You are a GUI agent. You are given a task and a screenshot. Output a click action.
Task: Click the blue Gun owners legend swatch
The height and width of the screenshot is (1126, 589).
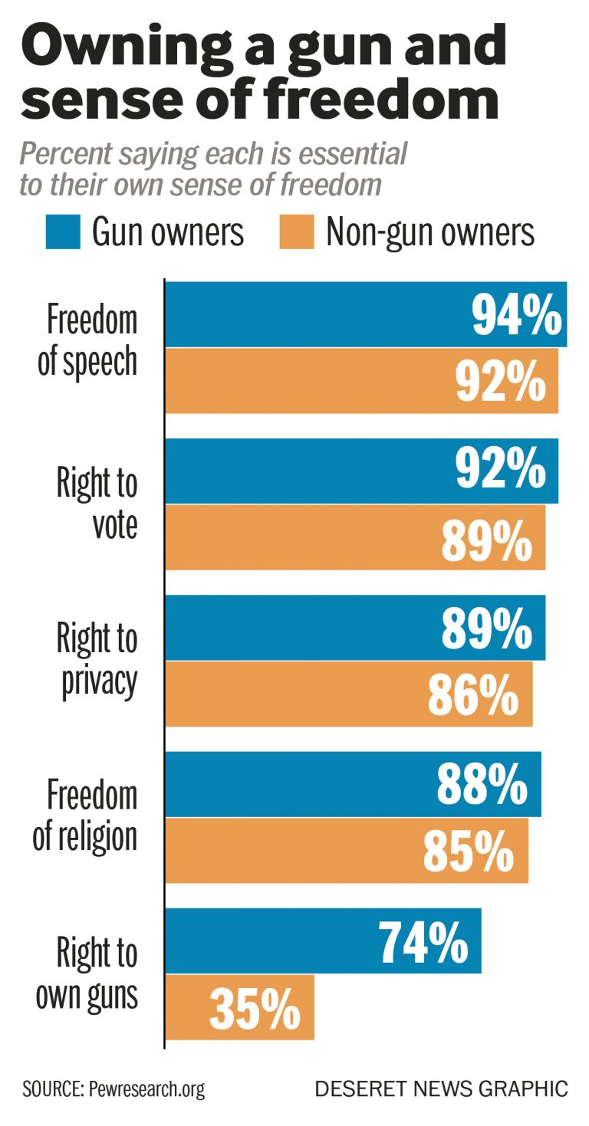63,231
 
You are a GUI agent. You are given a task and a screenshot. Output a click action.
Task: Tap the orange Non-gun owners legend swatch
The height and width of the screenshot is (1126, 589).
296,231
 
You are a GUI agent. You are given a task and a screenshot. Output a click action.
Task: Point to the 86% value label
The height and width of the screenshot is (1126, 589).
472,694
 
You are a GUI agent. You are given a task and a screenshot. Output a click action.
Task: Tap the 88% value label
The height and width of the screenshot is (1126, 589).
482,784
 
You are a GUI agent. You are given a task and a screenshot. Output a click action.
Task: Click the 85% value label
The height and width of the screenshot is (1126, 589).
469,851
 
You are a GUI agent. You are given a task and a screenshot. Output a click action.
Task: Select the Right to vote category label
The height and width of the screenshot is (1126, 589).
97,504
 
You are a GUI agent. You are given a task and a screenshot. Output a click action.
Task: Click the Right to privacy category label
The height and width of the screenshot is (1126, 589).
97,661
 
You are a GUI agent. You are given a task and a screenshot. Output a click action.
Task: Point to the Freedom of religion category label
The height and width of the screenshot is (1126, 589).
86,817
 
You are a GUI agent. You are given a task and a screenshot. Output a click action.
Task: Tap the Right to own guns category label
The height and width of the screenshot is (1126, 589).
87,974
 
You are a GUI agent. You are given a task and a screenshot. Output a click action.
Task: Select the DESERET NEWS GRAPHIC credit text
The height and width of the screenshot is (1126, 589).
441,1089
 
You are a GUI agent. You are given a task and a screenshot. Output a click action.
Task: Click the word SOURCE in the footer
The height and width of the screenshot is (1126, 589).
48,1089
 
